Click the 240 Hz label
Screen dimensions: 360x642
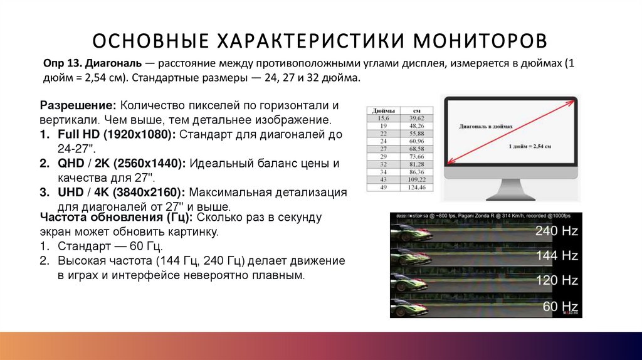[556, 231]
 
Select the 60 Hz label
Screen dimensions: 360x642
[559, 306]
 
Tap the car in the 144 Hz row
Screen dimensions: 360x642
[411, 257]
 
